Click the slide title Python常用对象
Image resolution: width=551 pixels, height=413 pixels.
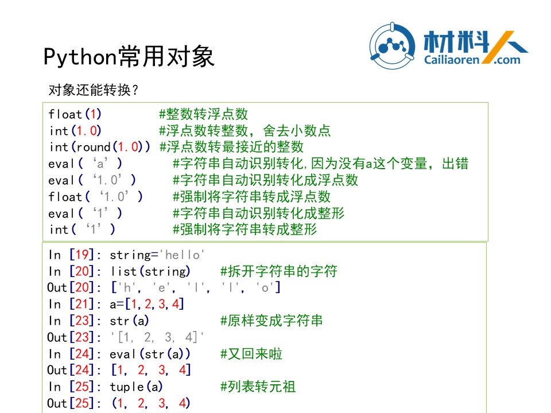tap(129, 57)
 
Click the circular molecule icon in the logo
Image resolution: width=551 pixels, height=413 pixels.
tap(392, 46)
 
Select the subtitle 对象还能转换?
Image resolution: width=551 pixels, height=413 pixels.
tap(94, 90)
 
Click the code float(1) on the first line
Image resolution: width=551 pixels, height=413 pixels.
tap(75, 114)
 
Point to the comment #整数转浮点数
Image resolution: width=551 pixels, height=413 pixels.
tap(203, 114)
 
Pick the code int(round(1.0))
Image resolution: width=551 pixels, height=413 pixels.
tap(100, 147)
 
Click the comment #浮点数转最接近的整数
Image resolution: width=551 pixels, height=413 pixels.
tap(231, 147)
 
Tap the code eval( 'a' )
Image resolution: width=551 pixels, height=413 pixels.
tap(86, 163)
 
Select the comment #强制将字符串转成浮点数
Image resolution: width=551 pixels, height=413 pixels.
tap(251, 197)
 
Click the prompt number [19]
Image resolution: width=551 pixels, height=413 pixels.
tap(82, 255)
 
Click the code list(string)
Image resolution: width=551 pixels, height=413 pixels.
tap(150, 271)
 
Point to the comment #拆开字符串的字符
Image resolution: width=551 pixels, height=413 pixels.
tap(279, 271)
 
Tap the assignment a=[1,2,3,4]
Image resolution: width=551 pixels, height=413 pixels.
tap(147, 304)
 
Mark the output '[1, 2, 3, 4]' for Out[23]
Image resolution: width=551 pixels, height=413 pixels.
tap(157, 337)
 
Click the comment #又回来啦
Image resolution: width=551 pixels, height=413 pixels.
tap(251, 354)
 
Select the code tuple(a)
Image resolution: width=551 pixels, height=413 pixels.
tap(137, 387)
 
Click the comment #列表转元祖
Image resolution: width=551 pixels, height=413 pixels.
tap(258, 387)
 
